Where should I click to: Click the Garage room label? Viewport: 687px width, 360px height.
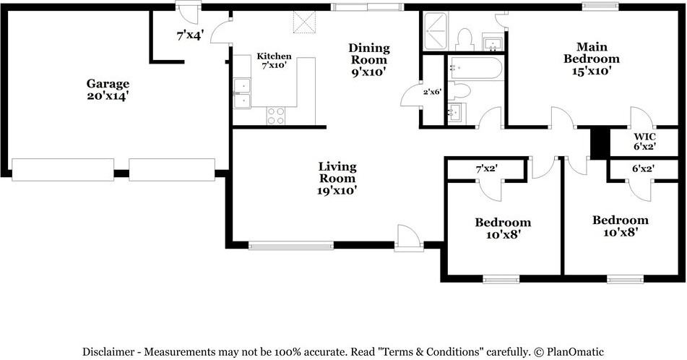click(108, 89)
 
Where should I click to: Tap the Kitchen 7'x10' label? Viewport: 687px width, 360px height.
click(275, 61)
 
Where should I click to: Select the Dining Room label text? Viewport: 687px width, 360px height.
click(369, 59)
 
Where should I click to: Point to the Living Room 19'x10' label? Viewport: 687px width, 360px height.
click(337, 179)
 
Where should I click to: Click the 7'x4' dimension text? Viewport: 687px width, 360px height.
click(189, 34)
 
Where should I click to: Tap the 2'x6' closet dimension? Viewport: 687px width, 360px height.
click(432, 91)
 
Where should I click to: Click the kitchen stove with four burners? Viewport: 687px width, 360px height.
click(276, 116)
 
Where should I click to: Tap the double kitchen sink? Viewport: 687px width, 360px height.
click(242, 94)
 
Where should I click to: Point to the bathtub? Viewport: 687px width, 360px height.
click(475, 69)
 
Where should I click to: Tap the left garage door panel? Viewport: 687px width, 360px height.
click(63, 169)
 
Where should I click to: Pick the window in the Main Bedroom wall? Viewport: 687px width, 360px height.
click(600, 7)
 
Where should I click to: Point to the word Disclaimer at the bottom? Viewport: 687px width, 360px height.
click(109, 352)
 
